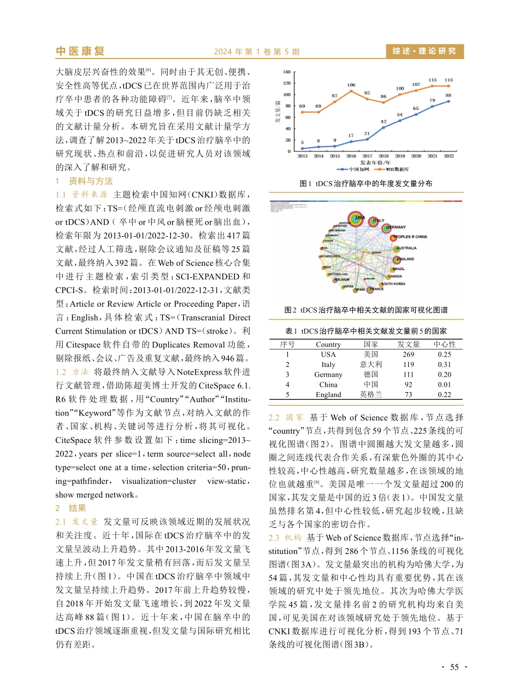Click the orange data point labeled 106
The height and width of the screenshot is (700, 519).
click(x=351, y=91)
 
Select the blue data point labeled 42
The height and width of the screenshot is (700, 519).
click(x=384, y=127)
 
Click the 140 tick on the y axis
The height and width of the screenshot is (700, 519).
click(x=287, y=72)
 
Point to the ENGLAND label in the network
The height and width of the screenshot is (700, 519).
click(x=405, y=259)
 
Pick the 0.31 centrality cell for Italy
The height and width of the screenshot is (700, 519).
click(x=444, y=364)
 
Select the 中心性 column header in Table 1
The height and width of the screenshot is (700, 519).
click(x=444, y=345)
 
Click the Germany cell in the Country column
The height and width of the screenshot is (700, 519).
click(x=328, y=375)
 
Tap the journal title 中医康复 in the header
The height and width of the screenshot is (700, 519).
click(x=80, y=51)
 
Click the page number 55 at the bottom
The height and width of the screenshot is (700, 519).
click(x=454, y=667)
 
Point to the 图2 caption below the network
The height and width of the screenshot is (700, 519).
click(x=366, y=310)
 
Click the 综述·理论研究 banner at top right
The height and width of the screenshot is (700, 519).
click(x=424, y=51)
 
